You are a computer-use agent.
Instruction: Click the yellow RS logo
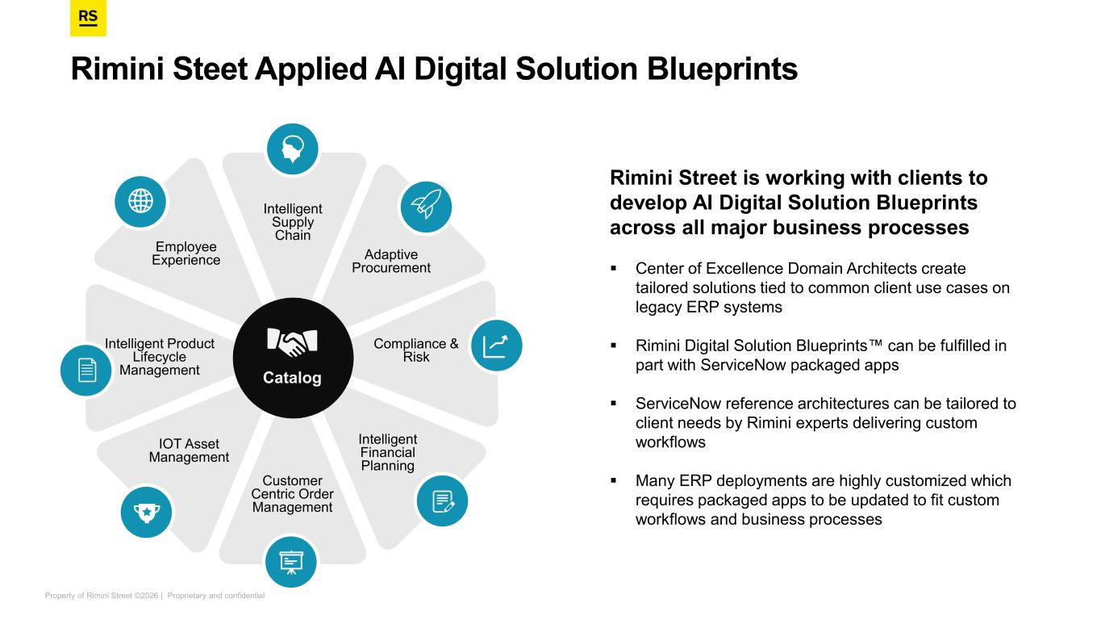(x=88, y=19)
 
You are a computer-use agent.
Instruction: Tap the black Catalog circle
(x=293, y=358)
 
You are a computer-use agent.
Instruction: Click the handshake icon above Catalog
(x=293, y=342)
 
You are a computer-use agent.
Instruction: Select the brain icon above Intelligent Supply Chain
(x=293, y=149)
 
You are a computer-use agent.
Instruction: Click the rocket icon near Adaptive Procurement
(x=426, y=207)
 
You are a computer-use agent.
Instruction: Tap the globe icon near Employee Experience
(x=140, y=201)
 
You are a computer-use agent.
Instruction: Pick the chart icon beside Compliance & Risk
(x=496, y=346)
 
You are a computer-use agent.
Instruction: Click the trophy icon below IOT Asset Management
(x=147, y=512)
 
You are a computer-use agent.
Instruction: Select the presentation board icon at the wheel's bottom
(x=291, y=562)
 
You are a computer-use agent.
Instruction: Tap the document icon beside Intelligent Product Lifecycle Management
(x=86, y=370)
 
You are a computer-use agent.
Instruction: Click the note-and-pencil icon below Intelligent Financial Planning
(x=442, y=501)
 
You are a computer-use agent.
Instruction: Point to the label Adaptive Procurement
(x=391, y=262)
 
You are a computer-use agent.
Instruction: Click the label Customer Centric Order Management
(x=293, y=494)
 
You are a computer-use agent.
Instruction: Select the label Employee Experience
(x=186, y=253)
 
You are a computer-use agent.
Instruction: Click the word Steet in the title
(x=210, y=69)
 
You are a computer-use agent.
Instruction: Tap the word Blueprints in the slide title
(x=722, y=69)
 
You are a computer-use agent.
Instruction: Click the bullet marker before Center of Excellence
(x=613, y=269)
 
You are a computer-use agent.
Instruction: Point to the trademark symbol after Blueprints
(x=875, y=343)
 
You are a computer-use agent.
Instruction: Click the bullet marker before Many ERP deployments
(x=613, y=481)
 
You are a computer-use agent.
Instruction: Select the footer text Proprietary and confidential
(x=216, y=596)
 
